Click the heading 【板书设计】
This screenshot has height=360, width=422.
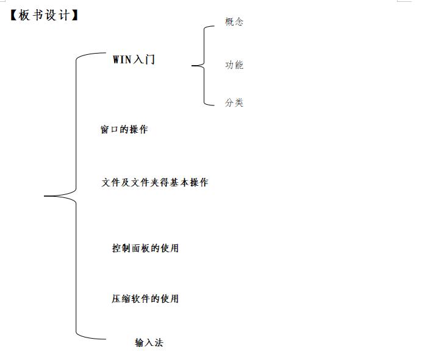[45, 15]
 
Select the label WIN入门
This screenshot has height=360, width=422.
[134, 60]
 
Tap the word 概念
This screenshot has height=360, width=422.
[234, 22]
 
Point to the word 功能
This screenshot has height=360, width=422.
[234, 65]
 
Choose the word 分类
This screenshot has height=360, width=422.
[234, 103]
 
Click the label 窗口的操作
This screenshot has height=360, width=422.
[124, 130]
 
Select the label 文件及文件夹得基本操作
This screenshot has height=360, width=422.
[155, 182]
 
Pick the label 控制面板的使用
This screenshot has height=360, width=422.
[145, 248]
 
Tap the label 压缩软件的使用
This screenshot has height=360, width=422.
[145, 298]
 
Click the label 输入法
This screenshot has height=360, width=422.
[149, 342]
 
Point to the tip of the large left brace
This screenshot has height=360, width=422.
[46, 196]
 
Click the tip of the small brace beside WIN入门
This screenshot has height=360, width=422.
[193, 65]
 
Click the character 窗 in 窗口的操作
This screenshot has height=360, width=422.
[104, 130]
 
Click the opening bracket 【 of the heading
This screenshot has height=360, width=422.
[13, 15]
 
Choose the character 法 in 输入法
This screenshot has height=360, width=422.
[159, 342]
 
